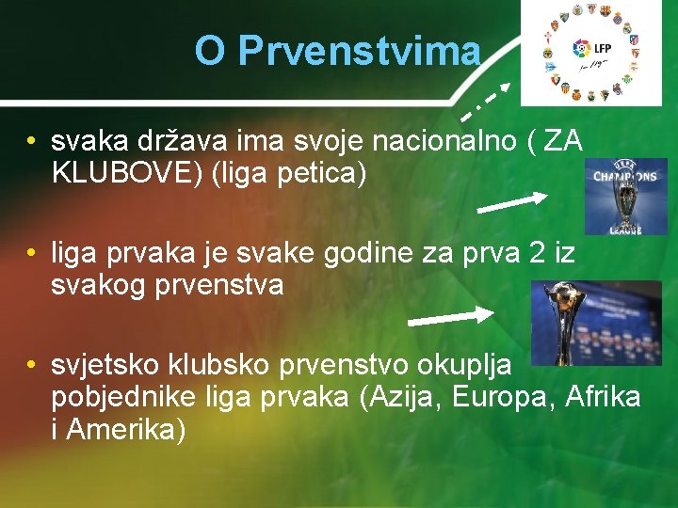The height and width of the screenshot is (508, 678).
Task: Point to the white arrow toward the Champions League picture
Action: tap(512, 202)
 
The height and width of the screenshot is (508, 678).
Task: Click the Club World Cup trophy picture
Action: tap(584, 323)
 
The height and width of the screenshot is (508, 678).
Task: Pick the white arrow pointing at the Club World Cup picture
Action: tap(462, 315)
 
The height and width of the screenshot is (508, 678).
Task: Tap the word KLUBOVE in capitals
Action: tap(113, 174)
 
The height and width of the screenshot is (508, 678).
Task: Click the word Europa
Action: tap(503, 397)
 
